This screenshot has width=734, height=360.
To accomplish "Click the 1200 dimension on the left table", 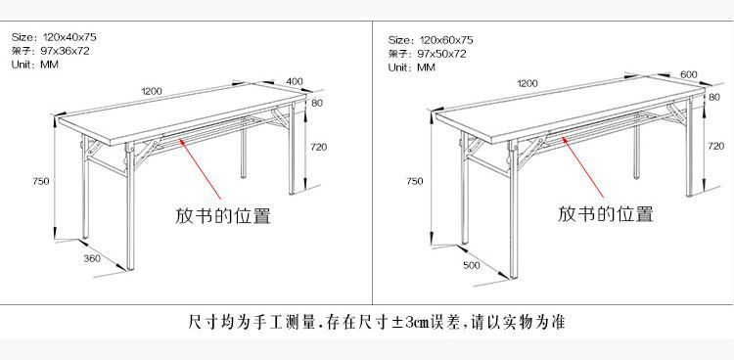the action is click(152, 91).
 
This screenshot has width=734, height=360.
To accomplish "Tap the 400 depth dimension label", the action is click(295, 81).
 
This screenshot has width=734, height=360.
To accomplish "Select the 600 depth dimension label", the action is click(689, 74).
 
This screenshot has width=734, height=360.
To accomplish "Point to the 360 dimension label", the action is click(92, 258).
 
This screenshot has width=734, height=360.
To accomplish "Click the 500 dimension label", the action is click(472, 265).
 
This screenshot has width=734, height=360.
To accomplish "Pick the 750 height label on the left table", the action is click(41, 181).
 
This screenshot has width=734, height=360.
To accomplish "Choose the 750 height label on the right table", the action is click(415, 181).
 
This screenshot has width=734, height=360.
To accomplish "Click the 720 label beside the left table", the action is click(319, 147).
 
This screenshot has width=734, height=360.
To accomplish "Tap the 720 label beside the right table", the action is click(715, 146).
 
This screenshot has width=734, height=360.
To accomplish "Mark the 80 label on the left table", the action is click(317, 103).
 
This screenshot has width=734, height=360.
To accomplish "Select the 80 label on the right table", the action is click(714, 97).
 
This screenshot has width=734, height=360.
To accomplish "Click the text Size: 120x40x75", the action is click(54, 37).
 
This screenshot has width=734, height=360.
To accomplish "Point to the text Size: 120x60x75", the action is click(431, 40).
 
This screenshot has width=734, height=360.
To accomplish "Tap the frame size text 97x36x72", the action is click(66, 51).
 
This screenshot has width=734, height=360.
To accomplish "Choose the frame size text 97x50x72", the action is click(442, 54).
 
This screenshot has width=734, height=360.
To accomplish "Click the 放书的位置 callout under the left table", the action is click(223, 215).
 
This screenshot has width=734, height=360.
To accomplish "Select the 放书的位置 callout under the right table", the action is click(605, 213).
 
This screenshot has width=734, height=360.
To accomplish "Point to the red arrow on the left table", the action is click(200, 168).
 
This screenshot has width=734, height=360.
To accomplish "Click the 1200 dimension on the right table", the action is click(528, 83).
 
